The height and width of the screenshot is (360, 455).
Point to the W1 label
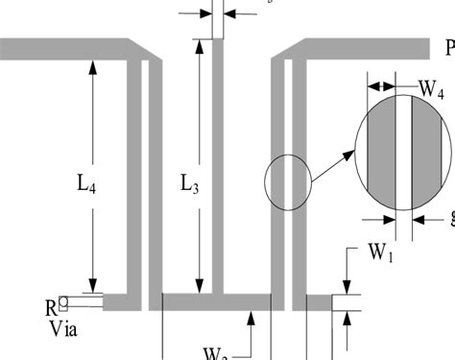[x=380, y=254]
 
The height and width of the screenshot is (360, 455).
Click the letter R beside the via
[x=51, y=308]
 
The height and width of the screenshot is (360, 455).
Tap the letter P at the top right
[x=448, y=49]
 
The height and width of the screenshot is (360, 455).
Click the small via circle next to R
[x=62, y=301]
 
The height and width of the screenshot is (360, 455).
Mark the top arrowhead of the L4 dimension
[x=92, y=64]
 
